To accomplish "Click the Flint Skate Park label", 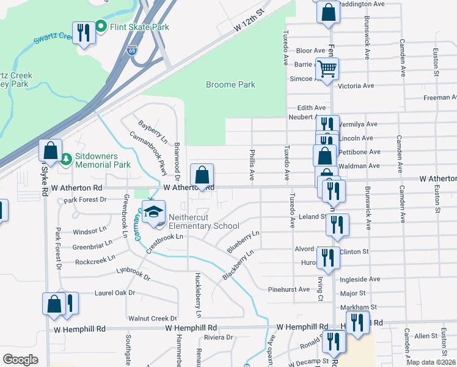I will point(139,27).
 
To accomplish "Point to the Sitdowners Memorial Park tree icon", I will point(67,160).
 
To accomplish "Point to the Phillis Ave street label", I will point(252,164).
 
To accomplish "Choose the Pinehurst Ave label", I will point(289,289).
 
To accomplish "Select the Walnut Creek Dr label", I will point(153,319).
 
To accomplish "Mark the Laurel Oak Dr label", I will point(115,293).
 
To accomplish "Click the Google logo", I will point(20,359).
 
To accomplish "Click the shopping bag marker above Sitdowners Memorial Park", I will point(50,150).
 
